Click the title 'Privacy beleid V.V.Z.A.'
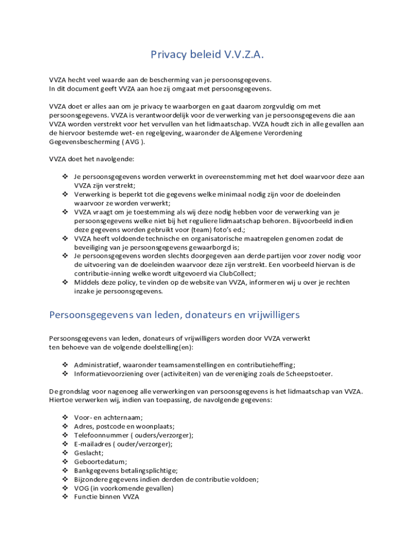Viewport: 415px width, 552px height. (207, 54)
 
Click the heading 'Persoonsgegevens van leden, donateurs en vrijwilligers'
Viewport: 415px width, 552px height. (174, 314)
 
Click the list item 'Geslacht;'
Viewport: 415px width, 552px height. (89, 453)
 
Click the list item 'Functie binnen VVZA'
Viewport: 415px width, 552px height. (107, 497)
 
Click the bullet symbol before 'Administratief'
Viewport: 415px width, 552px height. (65, 365)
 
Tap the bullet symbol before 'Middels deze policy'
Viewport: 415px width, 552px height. (65, 282)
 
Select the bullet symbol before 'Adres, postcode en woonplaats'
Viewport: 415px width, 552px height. (65, 426)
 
